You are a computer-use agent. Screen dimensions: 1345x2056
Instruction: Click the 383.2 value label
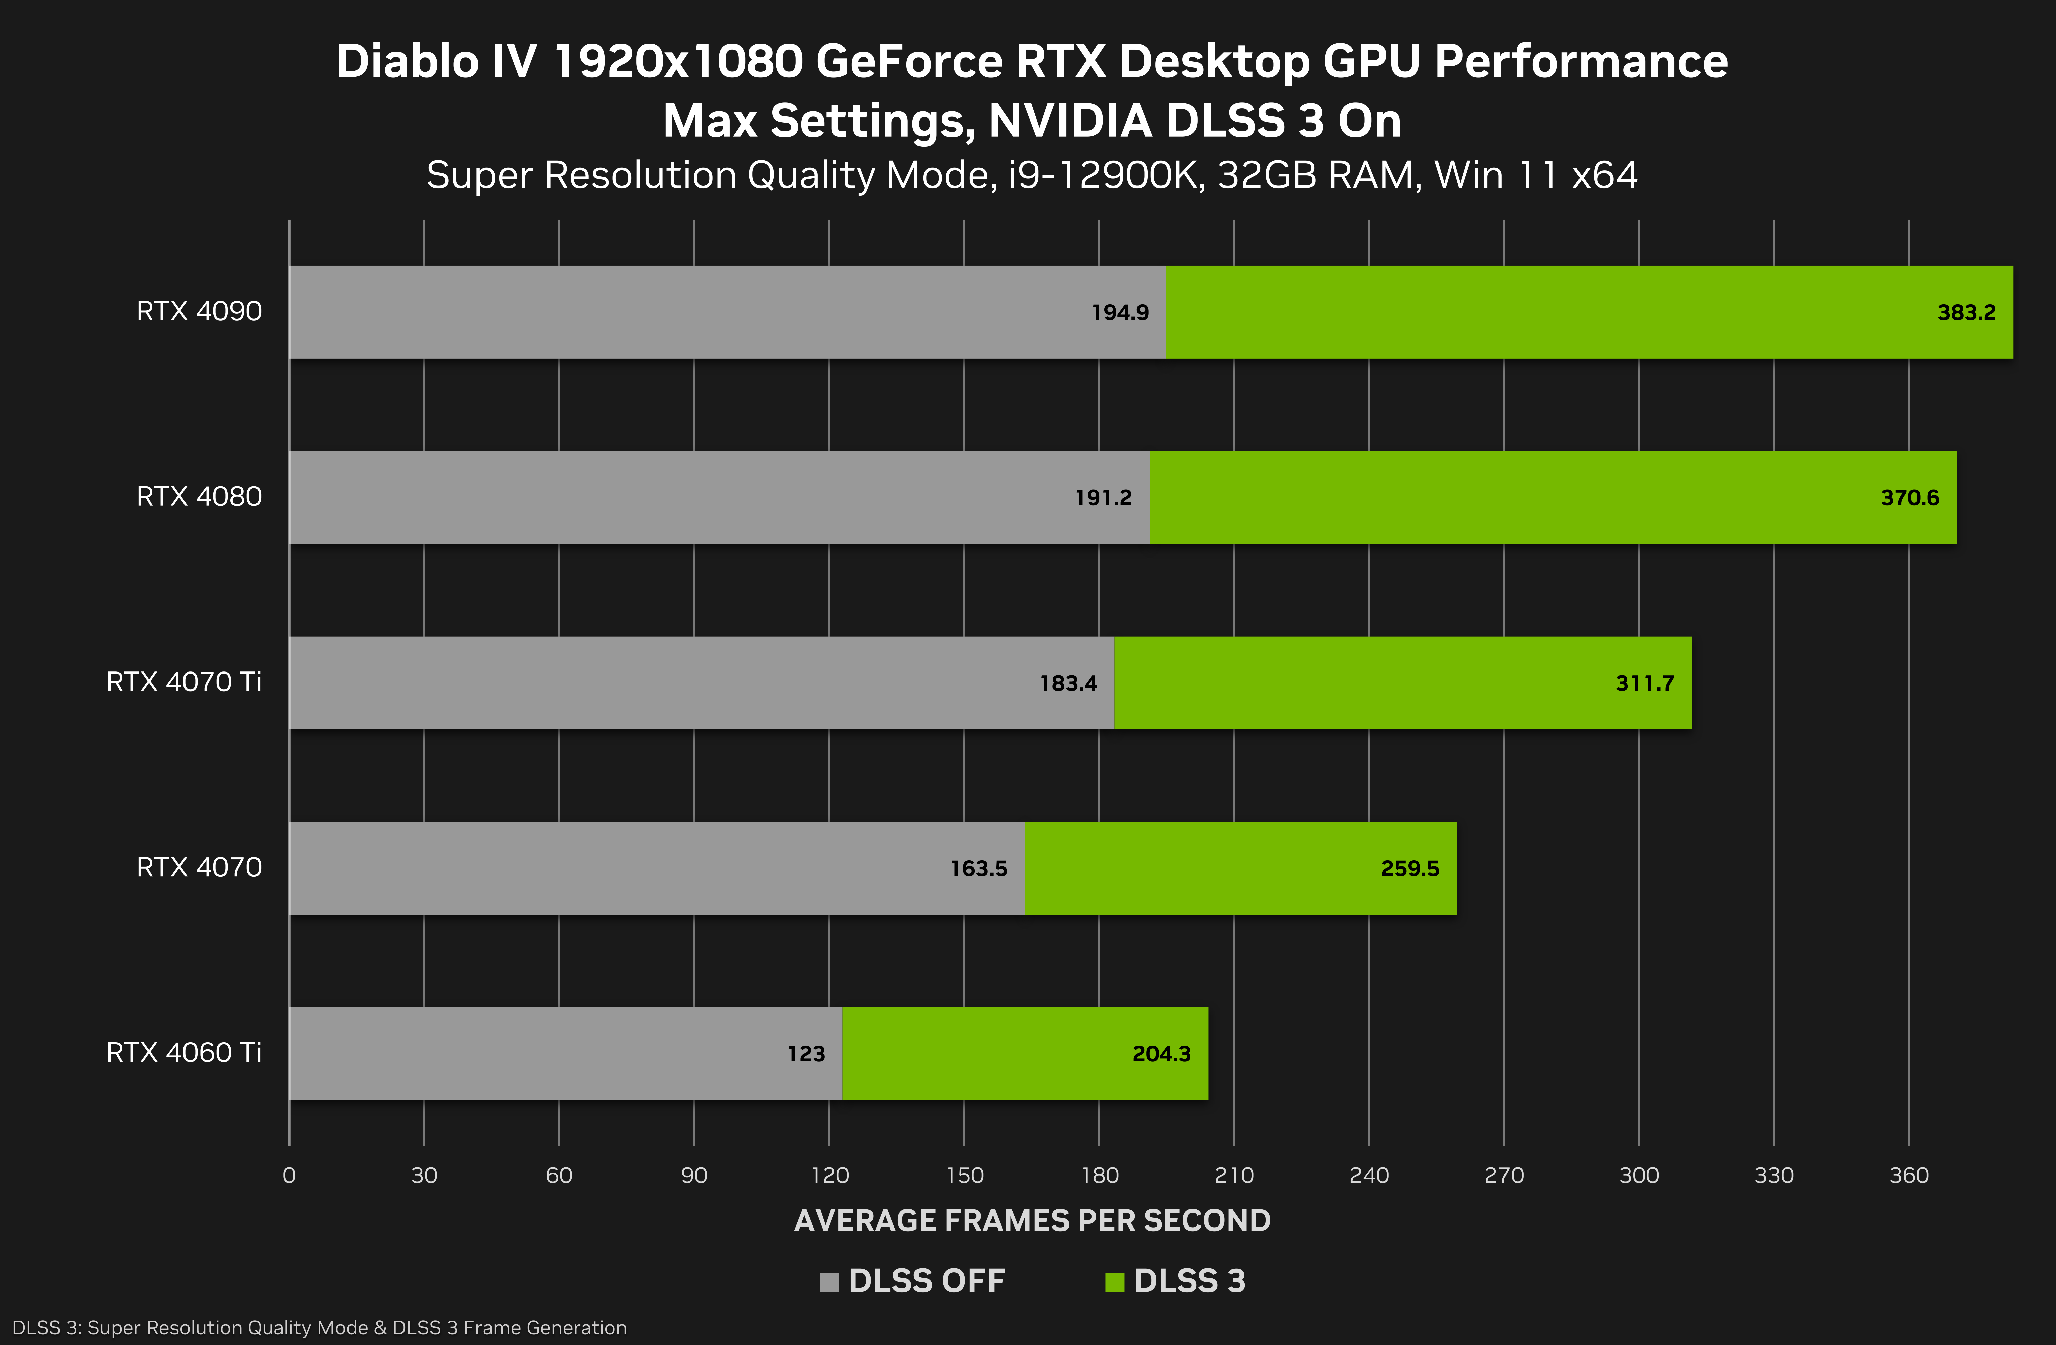tap(1966, 313)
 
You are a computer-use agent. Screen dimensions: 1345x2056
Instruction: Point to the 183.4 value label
tap(1068, 683)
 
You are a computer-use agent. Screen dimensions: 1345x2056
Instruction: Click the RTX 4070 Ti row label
tap(183, 683)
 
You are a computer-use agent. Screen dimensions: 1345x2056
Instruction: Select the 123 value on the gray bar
tap(806, 1054)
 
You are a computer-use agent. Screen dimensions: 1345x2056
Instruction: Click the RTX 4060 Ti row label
tap(183, 1053)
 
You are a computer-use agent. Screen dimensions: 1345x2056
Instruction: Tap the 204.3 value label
tap(1161, 1054)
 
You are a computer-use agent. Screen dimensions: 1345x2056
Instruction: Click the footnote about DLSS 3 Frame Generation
tap(320, 1328)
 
